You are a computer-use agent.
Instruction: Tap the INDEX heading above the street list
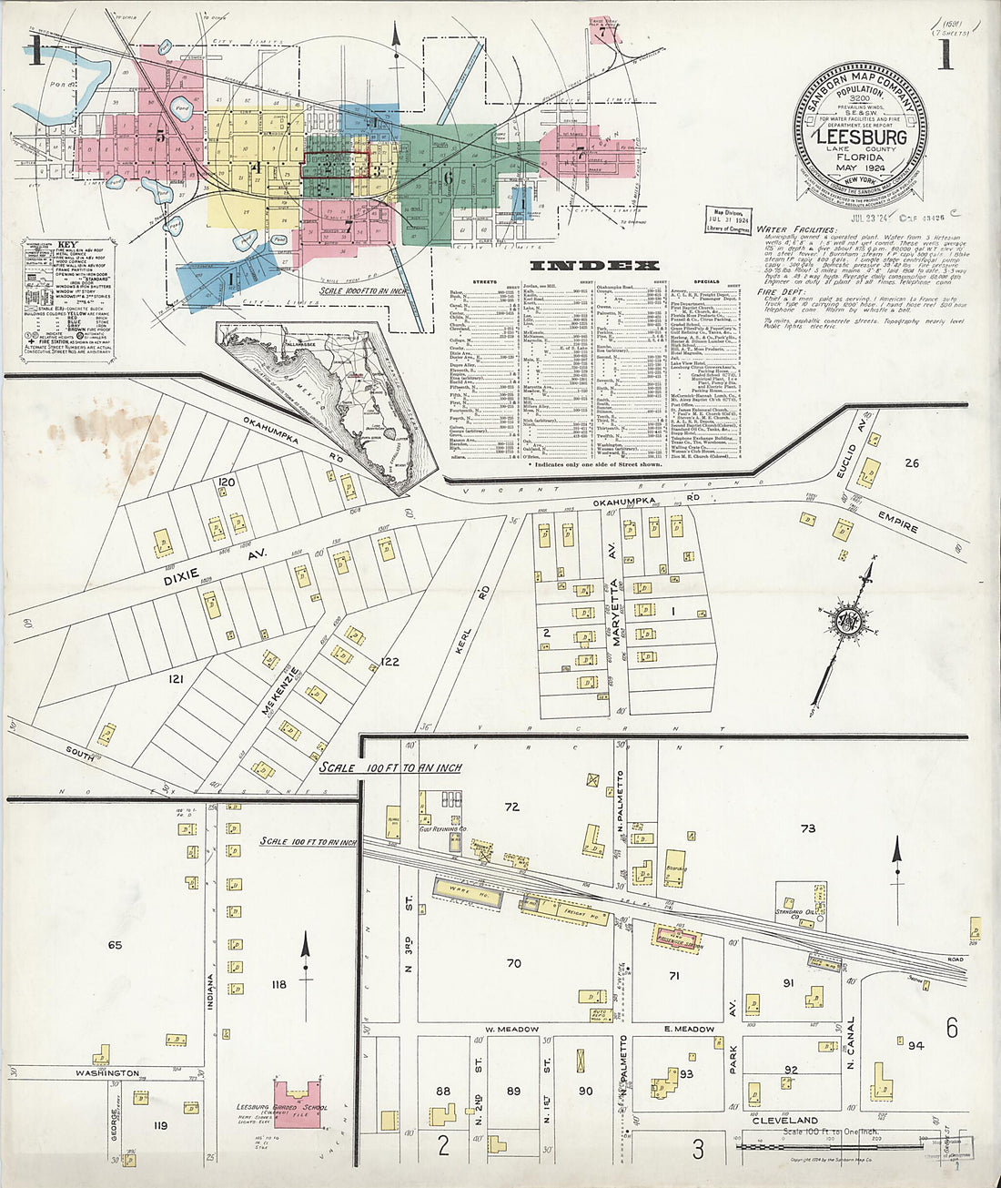pos(593,266)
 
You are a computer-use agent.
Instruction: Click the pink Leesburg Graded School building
pos(297,1105)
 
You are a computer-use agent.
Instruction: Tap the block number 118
pos(278,984)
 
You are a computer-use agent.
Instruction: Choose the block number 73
pos(807,828)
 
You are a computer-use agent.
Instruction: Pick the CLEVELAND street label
pos(785,1121)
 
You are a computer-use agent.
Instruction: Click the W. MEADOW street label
pos(512,1030)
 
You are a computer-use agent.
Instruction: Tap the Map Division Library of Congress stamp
pos(727,219)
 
